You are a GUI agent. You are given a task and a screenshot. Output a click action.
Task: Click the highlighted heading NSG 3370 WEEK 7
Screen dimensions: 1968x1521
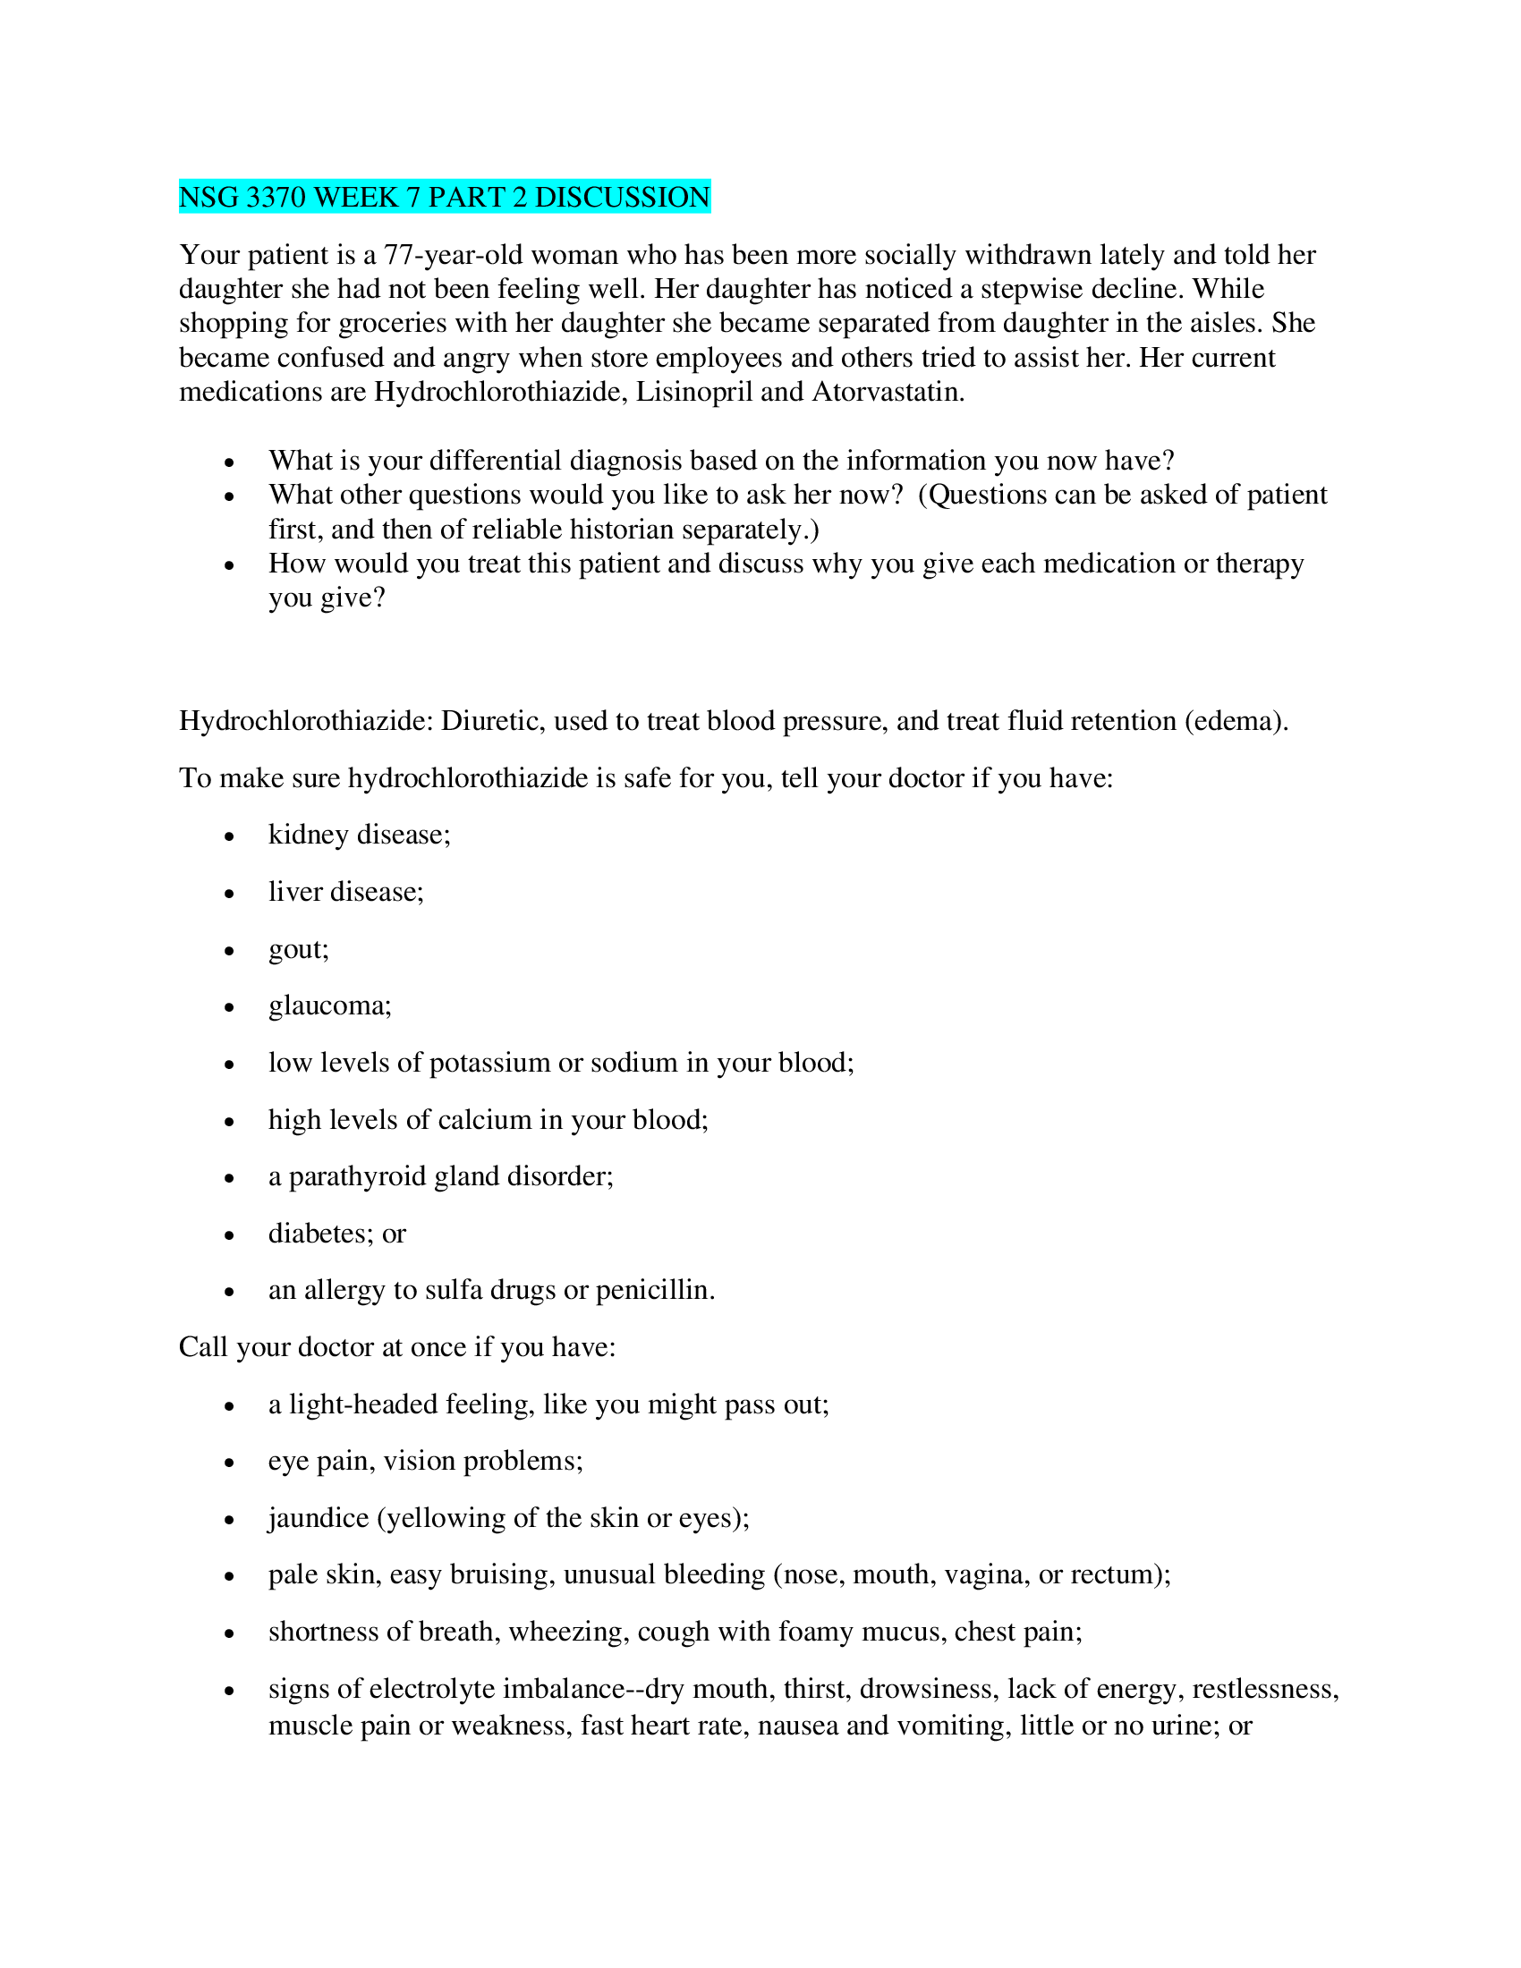(x=445, y=197)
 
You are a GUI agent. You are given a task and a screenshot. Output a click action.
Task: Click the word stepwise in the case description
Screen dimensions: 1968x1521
(x=1037, y=289)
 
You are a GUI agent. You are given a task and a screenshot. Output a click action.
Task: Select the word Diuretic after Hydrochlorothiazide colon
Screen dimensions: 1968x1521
(x=492, y=721)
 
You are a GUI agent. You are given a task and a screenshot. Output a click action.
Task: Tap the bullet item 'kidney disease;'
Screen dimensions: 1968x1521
(x=359, y=836)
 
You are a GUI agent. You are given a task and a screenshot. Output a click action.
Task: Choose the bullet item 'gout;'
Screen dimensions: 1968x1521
(x=298, y=949)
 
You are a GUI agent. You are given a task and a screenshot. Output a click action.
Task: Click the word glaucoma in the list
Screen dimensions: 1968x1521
(x=329, y=1005)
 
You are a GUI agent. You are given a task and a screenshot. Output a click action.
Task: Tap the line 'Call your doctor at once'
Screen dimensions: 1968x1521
(x=396, y=1347)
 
